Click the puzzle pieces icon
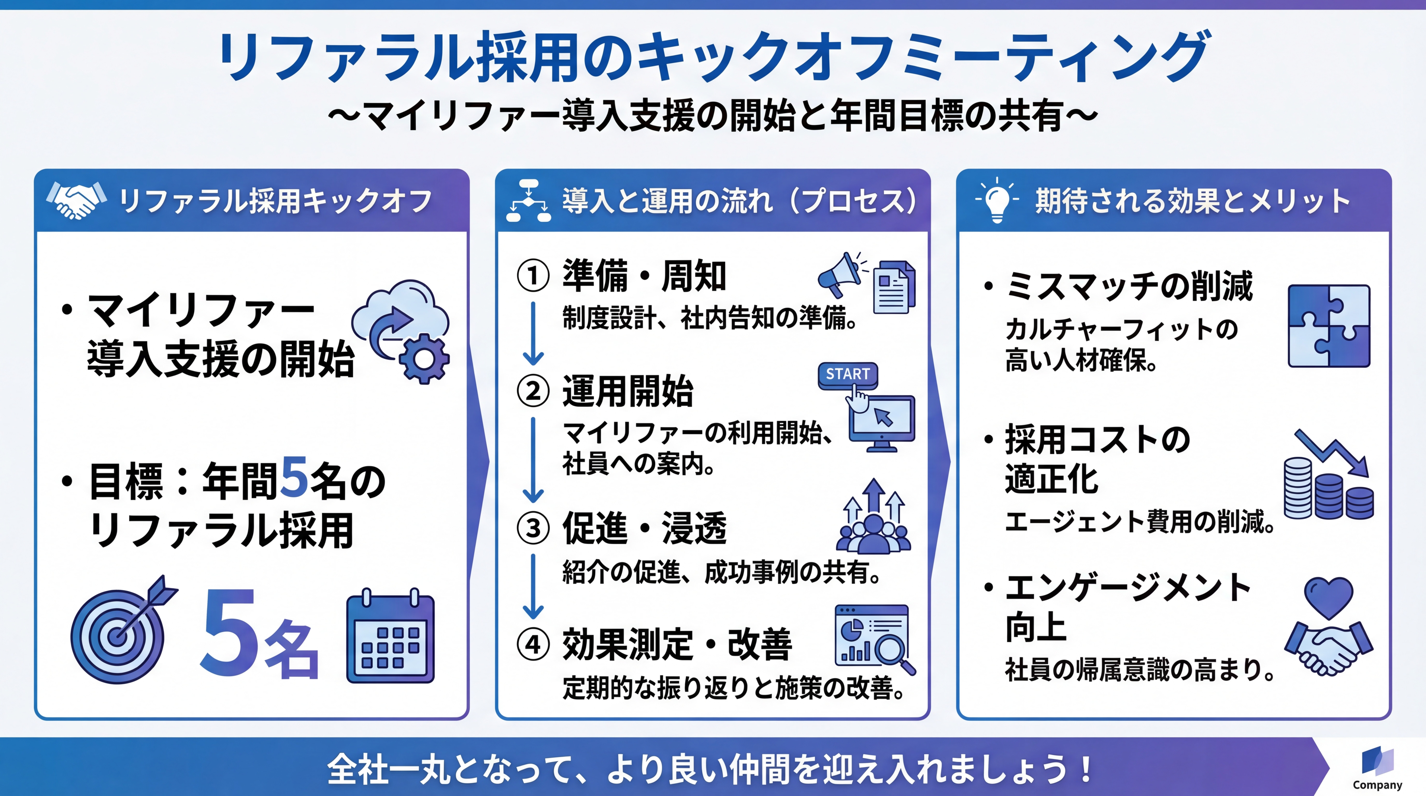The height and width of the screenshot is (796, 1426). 1329,326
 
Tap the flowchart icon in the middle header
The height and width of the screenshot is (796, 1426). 529,200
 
